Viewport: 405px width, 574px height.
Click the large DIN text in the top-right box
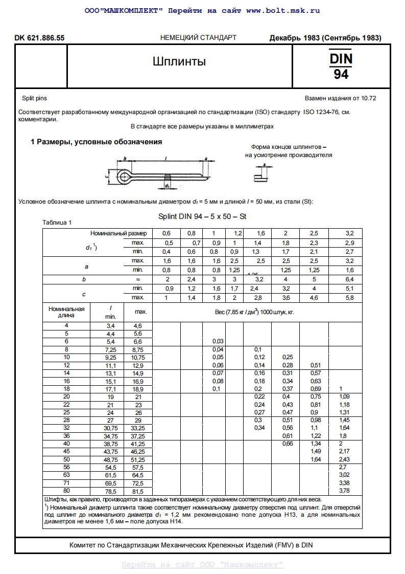tap(341, 59)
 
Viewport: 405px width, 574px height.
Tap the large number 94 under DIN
tap(341, 75)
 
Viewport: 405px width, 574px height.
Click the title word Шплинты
tap(179, 62)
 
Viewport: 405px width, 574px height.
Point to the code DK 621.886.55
tap(40, 38)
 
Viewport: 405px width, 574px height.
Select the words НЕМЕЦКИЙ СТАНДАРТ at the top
tap(198, 38)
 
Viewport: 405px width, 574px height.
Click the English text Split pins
tap(34, 98)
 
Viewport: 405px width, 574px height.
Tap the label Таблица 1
tap(57, 223)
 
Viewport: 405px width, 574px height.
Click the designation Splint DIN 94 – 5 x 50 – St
tap(202, 216)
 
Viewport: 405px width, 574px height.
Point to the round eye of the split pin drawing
tap(122, 178)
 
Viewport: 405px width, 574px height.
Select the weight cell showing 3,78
tap(345, 491)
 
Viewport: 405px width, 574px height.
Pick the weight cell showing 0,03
tap(218, 341)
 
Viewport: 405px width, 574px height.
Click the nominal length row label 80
tap(66, 491)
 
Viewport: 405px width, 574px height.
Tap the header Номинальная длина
tap(66, 312)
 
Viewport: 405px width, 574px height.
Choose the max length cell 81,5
tap(137, 491)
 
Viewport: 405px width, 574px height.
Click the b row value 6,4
tap(350, 279)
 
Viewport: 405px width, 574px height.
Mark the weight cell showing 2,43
tap(345, 459)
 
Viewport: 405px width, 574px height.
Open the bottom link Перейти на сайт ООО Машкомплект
tap(202, 565)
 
